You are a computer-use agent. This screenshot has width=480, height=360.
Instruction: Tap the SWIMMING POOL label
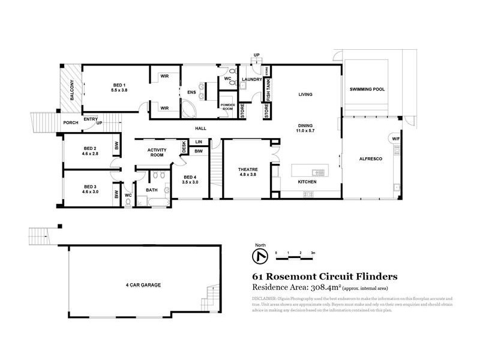pos(367,90)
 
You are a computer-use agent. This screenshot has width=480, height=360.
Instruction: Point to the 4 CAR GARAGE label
pos(143,284)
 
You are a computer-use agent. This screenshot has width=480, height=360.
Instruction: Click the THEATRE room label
pos(247,170)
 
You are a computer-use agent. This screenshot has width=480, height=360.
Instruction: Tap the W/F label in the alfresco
pos(395,139)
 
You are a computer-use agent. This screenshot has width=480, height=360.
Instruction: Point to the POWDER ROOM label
pos(227,106)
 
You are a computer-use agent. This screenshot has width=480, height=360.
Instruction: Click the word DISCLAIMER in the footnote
pos(265,298)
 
